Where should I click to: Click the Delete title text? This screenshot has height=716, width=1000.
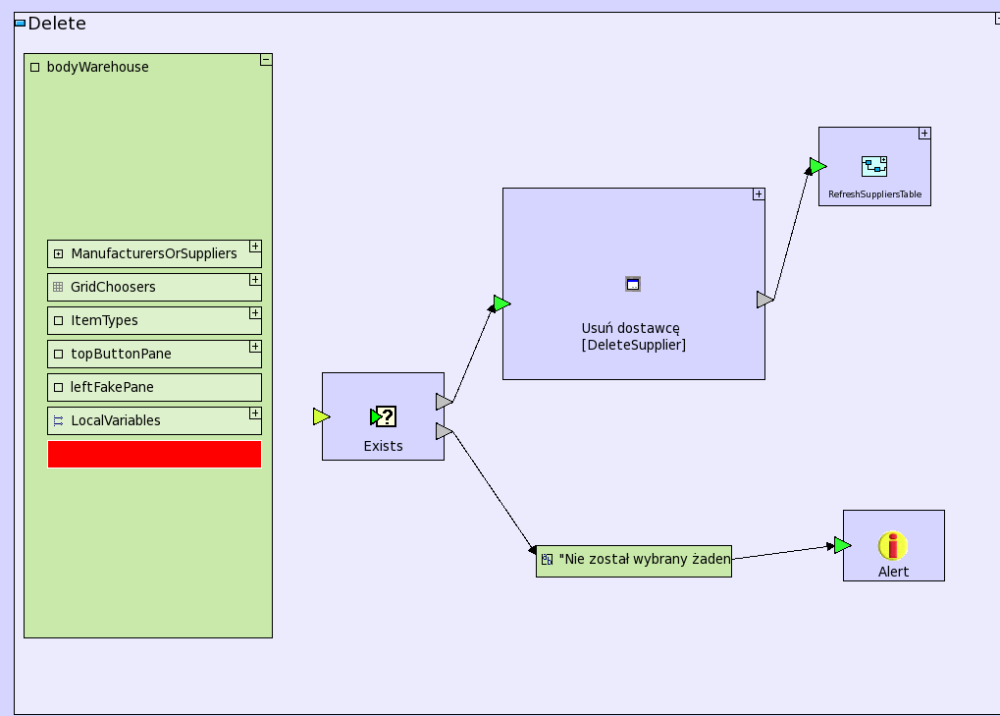[x=57, y=24]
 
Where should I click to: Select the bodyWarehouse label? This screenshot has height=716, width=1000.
[x=98, y=67]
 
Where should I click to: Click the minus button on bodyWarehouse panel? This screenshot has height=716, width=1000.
[x=266, y=60]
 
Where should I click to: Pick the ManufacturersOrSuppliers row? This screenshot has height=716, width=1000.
[x=153, y=253]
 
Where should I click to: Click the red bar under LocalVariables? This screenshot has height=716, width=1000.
[x=154, y=454]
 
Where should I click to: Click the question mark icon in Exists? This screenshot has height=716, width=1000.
[x=385, y=417]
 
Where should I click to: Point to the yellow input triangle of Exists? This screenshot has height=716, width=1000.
[x=321, y=416]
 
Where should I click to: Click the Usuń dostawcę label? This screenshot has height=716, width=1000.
[x=630, y=328]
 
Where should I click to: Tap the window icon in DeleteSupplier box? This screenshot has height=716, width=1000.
[x=633, y=284]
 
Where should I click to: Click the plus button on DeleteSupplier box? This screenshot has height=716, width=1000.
[x=759, y=194]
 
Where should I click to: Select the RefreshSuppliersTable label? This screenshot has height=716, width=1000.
[x=874, y=194]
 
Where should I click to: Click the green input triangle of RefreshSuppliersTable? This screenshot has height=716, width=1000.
[x=817, y=166]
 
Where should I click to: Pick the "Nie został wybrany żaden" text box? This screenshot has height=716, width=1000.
[x=634, y=560]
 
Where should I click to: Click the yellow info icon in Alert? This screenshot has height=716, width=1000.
[x=893, y=545]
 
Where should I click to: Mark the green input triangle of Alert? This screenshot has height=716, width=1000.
[x=842, y=545]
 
